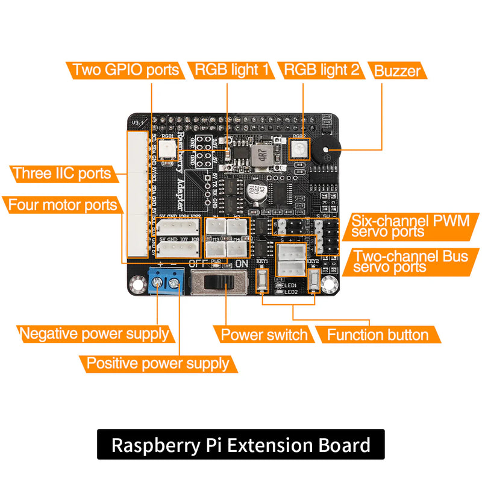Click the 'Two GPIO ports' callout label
(x=125, y=70)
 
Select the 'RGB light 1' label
(x=231, y=70)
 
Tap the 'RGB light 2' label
(x=321, y=70)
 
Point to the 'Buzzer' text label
(x=397, y=71)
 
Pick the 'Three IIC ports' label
(x=63, y=174)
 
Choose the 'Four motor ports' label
(x=62, y=205)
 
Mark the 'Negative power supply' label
(x=93, y=334)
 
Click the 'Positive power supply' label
(x=158, y=363)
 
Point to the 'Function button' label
(x=378, y=335)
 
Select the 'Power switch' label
(x=264, y=335)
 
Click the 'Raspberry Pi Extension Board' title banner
(x=240, y=445)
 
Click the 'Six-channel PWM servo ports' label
(x=410, y=226)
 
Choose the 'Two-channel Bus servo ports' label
(x=410, y=261)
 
